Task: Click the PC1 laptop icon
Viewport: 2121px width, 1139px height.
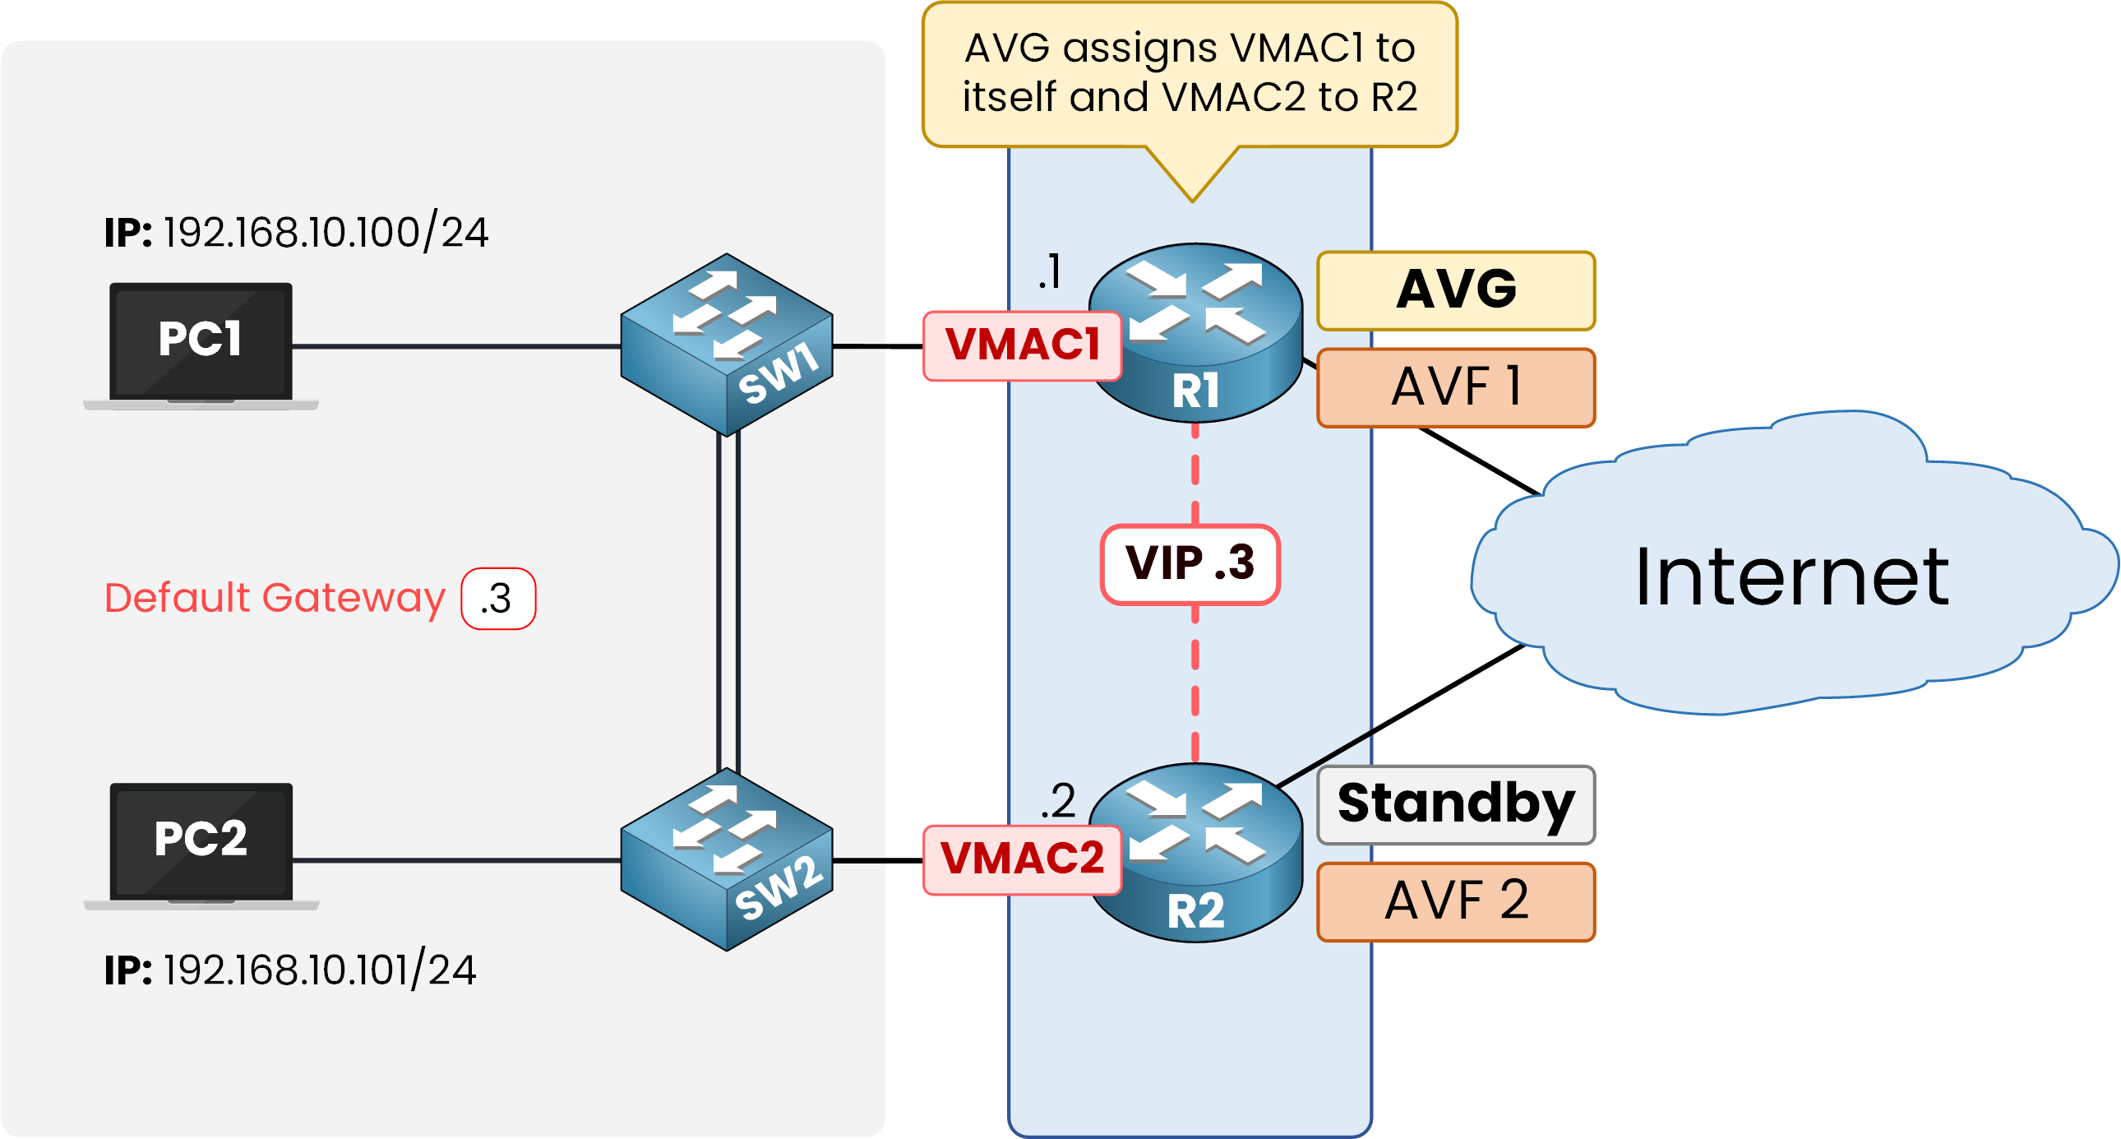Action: click(201, 345)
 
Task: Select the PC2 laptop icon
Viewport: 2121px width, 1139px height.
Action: click(201, 844)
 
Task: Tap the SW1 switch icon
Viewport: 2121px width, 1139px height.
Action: click(726, 345)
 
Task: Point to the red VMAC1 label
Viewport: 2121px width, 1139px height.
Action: click(1022, 346)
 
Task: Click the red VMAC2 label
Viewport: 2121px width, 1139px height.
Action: click(1022, 859)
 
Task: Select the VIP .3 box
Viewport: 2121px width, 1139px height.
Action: click(1190, 564)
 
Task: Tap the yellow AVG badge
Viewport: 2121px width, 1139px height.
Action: click(1456, 291)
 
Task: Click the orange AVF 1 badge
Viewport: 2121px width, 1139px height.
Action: click(1456, 387)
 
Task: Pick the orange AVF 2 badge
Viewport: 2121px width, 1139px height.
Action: click(1456, 901)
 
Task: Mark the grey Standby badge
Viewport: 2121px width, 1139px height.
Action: click(1456, 804)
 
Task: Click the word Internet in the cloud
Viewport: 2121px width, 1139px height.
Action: click(1791, 578)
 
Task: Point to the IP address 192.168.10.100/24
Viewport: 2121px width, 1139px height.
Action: click(326, 233)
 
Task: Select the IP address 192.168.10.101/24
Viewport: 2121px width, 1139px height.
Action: click(320, 970)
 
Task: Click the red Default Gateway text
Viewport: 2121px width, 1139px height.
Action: click(275, 599)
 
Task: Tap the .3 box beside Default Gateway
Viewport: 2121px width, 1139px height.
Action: click(498, 599)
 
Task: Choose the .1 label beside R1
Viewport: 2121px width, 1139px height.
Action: click(1051, 271)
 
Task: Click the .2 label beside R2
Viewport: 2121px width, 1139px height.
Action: click(1058, 801)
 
